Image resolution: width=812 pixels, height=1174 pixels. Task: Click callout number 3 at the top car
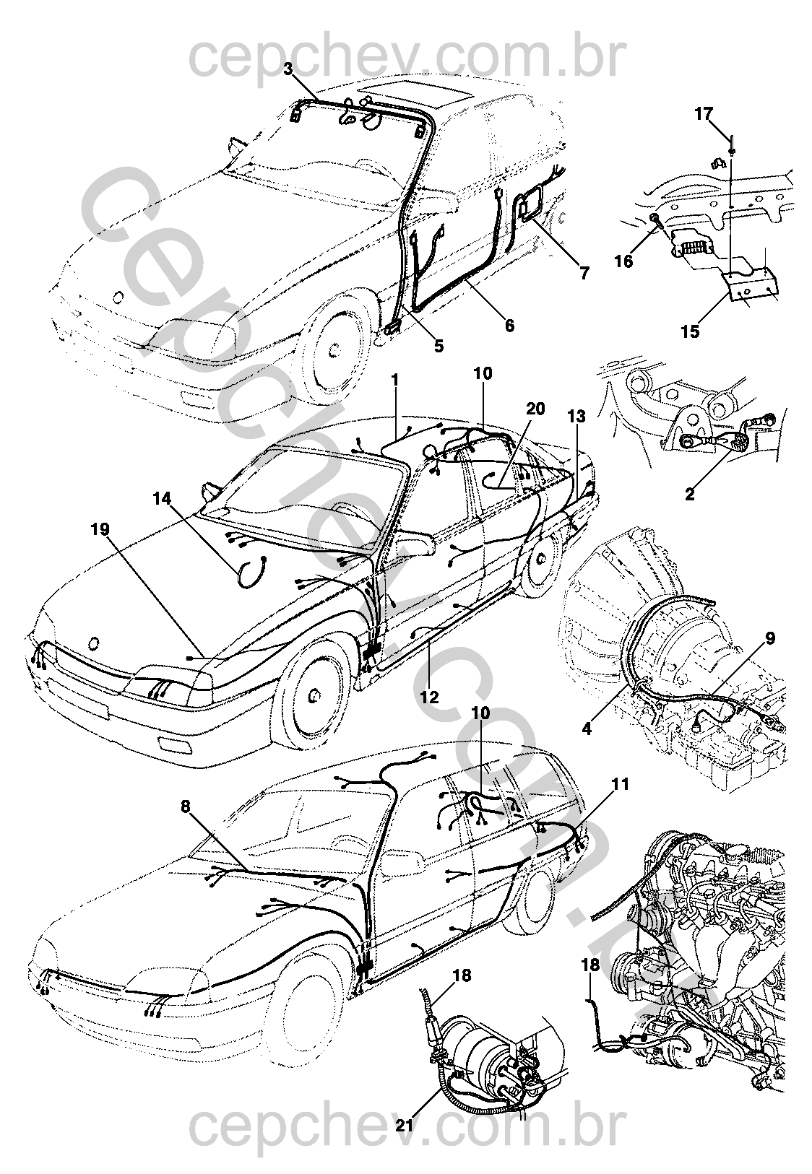pyautogui.click(x=288, y=69)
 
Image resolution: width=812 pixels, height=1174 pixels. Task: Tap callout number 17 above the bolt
pyautogui.click(x=704, y=113)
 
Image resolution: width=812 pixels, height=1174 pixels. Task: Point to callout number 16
pyautogui.click(x=623, y=260)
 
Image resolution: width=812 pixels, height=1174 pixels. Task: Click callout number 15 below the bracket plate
pyautogui.click(x=690, y=331)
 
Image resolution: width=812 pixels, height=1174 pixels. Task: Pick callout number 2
pyautogui.click(x=690, y=495)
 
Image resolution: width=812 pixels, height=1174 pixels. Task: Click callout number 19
pyautogui.click(x=100, y=529)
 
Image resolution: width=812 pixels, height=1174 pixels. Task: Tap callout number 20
pyautogui.click(x=535, y=407)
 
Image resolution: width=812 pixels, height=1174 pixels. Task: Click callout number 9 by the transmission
pyautogui.click(x=769, y=638)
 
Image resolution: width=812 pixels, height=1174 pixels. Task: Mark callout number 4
pyautogui.click(x=587, y=729)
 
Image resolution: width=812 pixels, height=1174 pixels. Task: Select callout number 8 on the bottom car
pyautogui.click(x=186, y=806)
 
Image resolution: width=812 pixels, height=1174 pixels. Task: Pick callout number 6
pyautogui.click(x=510, y=326)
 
